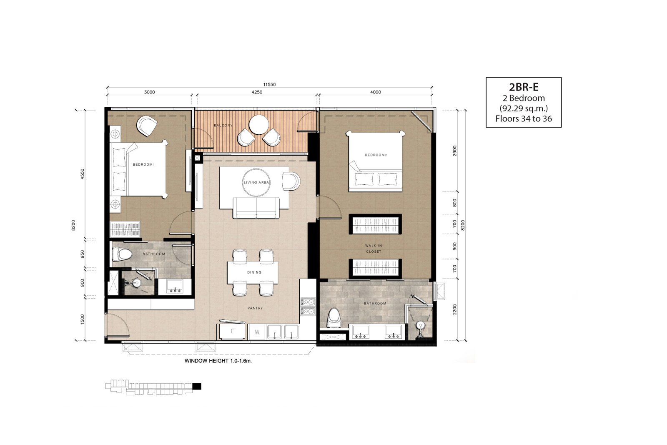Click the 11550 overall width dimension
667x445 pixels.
tap(269, 85)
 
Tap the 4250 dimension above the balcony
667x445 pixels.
tap(257, 92)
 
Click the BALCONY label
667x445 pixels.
tap(223, 126)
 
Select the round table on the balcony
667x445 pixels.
tap(259, 125)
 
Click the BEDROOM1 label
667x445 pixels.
tap(143, 165)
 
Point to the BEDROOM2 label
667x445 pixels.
tap(376, 155)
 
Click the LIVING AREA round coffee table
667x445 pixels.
tap(256, 183)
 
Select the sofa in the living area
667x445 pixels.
tap(256, 208)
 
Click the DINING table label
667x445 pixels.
tap(254, 272)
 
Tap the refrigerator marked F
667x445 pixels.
tap(232, 331)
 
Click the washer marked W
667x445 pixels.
tap(257, 332)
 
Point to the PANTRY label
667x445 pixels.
tap(255, 308)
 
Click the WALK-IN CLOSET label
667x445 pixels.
tap(374, 249)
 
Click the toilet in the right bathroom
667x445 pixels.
tap(333, 318)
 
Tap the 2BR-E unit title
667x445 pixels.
tap(524, 87)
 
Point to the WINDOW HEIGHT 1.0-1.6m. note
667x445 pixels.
tap(218, 361)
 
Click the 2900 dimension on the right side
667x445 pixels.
tap(454, 151)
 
